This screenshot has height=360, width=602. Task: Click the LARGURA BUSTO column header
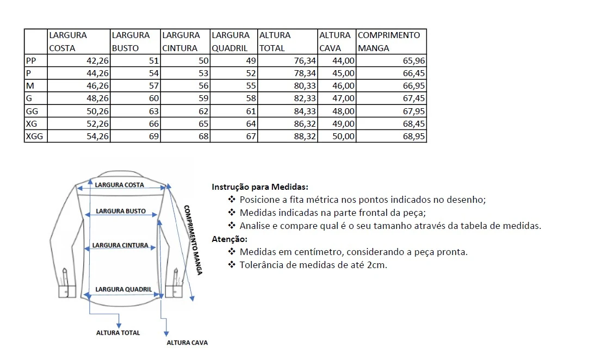(x=131, y=41)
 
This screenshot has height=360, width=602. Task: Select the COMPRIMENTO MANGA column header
(x=389, y=41)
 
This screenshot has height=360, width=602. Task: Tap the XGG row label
(x=34, y=136)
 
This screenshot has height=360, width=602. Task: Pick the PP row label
(x=31, y=60)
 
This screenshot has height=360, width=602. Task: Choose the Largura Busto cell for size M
(x=153, y=86)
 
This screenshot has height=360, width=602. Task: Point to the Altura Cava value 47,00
(x=344, y=98)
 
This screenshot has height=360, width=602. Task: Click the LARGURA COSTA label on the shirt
(x=120, y=185)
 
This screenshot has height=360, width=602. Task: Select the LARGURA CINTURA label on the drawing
(x=120, y=245)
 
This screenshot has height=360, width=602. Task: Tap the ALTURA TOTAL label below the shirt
(x=118, y=333)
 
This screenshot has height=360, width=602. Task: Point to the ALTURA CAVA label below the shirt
(x=187, y=343)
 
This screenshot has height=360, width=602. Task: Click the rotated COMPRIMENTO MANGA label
(x=193, y=239)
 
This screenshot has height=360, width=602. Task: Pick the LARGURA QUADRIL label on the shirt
(x=123, y=289)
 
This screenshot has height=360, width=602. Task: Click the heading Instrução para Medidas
(x=259, y=187)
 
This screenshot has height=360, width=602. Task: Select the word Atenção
(x=229, y=239)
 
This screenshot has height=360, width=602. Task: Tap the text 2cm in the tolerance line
(x=376, y=265)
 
